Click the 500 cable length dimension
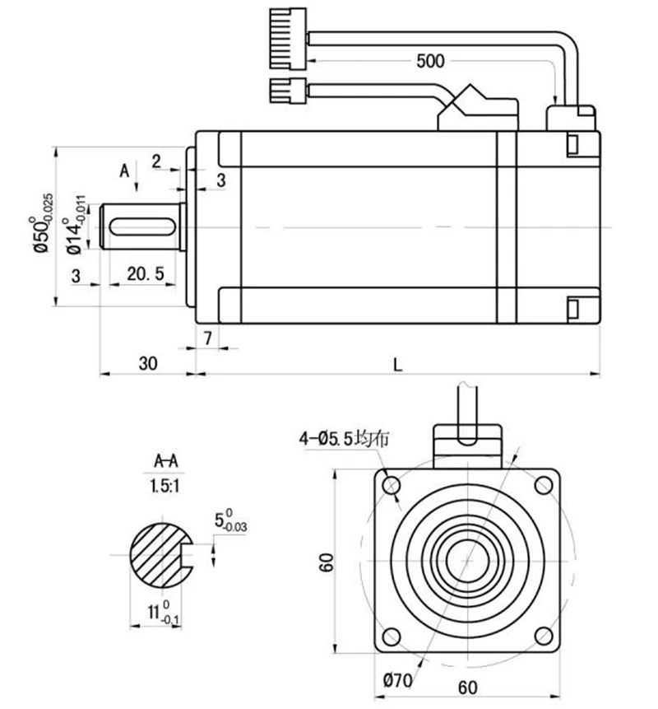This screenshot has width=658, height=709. click(430, 61)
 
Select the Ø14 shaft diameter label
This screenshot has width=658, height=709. click(75, 225)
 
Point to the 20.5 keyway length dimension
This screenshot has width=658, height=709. click(145, 273)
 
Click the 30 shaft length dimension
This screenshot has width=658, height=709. click(148, 363)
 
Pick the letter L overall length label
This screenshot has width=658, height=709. click(397, 365)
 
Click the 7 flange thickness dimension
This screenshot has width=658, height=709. click(208, 338)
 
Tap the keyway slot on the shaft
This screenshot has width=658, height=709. click(142, 227)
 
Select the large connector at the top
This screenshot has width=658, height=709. click(288, 39)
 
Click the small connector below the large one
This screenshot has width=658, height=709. click(288, 90)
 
